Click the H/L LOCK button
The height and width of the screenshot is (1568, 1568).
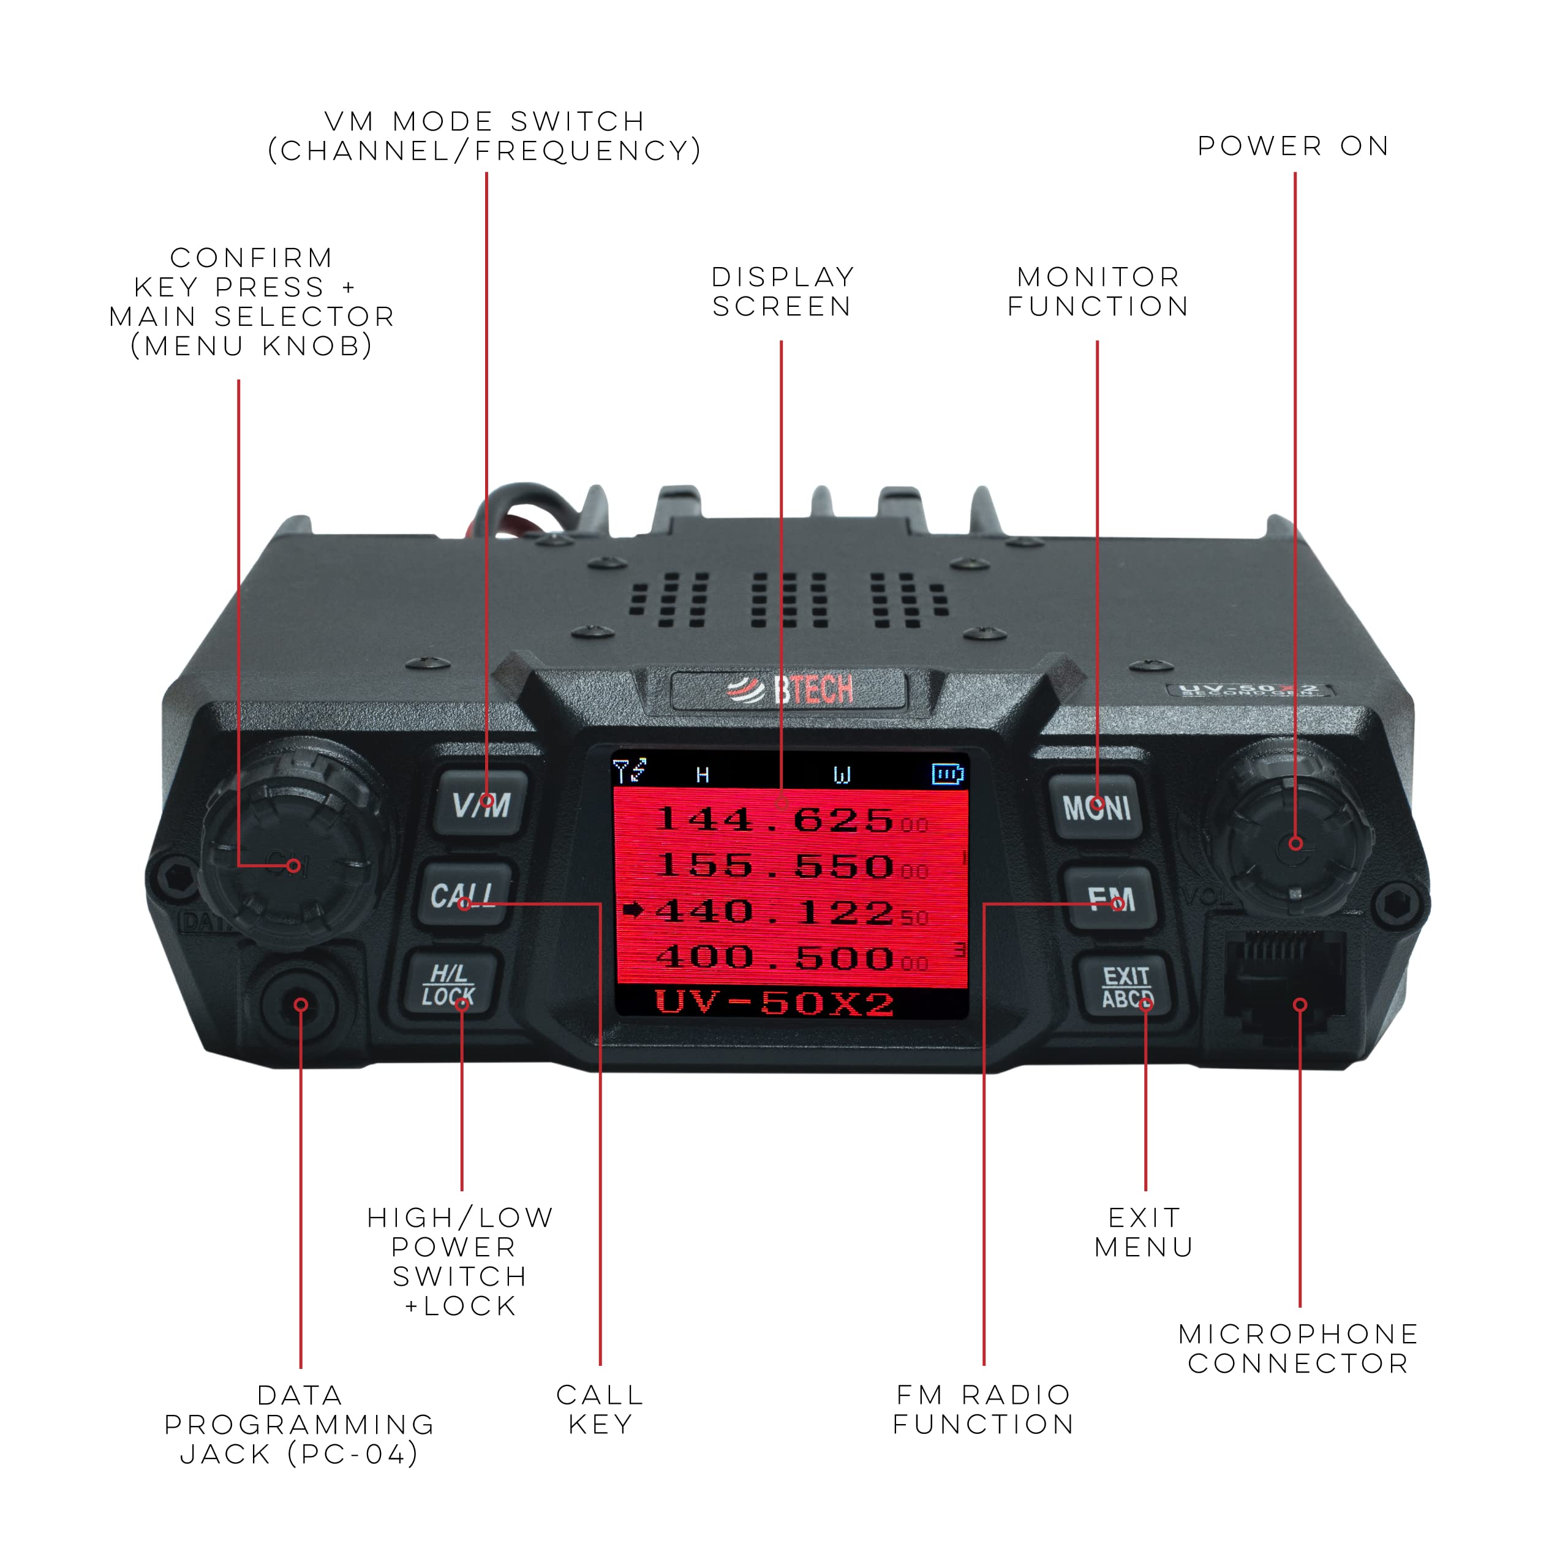click(x=449, y=984)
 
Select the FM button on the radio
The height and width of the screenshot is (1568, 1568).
click(x=1110, y=898)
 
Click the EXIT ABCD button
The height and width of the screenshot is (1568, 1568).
click(x=1126, y=987)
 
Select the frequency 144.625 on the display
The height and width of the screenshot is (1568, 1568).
click(x=775, y=820)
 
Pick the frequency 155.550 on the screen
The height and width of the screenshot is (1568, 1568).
click(x=775, y=866)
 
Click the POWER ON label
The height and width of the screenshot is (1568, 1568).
click(x=1293, y=146)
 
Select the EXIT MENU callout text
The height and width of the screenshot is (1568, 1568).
click(x=1144, y=1232)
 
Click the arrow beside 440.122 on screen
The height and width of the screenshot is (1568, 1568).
click(x=633, y=911)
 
